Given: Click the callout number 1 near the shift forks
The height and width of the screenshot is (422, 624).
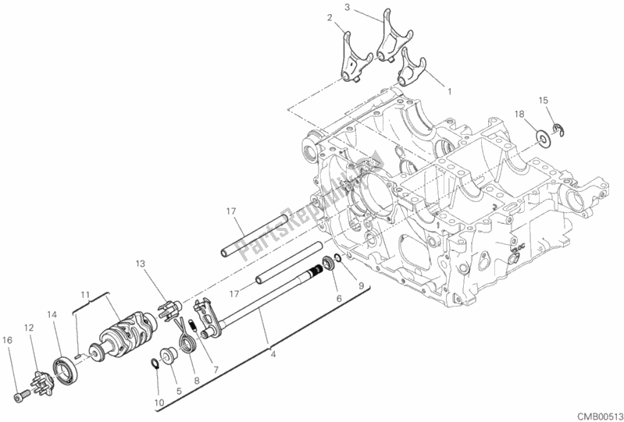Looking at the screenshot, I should (449, 91).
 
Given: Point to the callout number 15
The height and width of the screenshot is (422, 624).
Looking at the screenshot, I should (544, 99).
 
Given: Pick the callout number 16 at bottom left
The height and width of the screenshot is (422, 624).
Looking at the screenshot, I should (8, 339).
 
